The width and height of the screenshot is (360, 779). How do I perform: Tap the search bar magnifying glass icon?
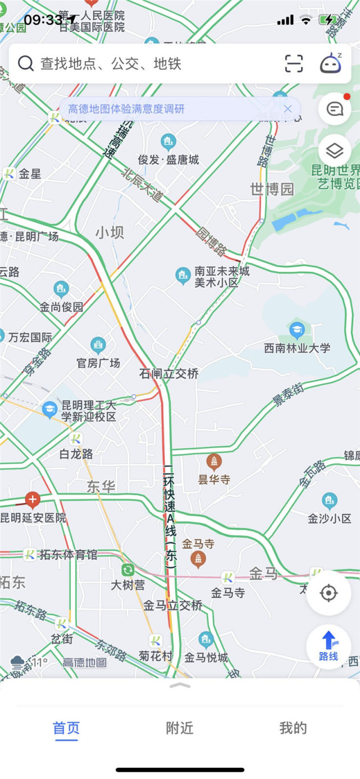click(26, 63)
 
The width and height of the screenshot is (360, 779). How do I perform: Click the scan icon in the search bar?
click(294, 63)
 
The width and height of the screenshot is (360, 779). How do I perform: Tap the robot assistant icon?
click(331, 63)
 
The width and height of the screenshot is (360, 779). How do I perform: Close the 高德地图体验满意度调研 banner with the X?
click(288, 109)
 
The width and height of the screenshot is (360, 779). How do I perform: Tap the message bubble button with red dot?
click(335, 109)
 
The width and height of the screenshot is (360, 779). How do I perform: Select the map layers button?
click(335, 151)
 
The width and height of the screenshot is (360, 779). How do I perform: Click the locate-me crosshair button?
click(329, 593)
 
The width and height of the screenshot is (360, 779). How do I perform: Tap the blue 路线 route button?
click(329, 646)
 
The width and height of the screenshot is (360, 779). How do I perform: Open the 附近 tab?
click(180, 728)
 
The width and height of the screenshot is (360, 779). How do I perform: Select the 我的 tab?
click(293, 728)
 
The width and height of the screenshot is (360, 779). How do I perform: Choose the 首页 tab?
click(66, 728)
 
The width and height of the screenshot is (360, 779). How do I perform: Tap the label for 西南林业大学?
click(297, 348)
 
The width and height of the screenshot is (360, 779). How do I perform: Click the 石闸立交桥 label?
click(169, 373)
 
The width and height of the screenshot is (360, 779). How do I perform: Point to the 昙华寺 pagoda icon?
click(213, 462)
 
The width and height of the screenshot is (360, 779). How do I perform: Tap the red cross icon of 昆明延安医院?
click(33, 499)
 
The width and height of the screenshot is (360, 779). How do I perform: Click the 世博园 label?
click(272, 189)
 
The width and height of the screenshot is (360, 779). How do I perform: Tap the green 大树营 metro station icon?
click(127, 570)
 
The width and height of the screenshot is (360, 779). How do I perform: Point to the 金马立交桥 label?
click(173, 605)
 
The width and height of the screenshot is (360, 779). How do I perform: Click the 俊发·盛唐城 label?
click(168, 160)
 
